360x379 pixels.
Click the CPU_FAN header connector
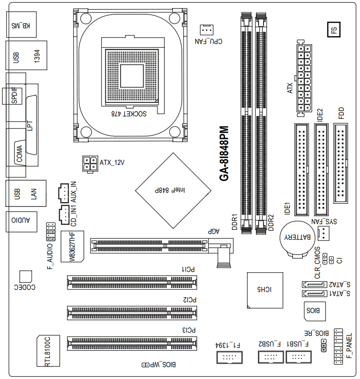coord(206,30)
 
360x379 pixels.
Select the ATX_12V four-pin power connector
coord(90,164)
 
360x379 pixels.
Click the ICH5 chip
coord(265,290)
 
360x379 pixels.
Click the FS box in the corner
coord(334,29)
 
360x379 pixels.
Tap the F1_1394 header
coord(228,357)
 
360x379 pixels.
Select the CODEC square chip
coord(26,277)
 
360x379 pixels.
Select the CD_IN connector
coord(64,215)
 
